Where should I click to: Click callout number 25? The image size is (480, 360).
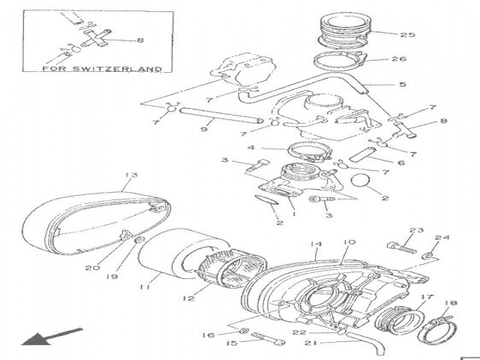click(x=407, y=34)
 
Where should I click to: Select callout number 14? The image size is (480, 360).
click(x=316, y=244)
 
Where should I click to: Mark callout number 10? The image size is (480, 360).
click(x=349, y=243)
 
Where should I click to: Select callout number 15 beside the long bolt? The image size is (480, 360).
click(x=231, y=343)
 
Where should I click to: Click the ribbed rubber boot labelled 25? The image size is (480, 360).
click(x=346, y=30)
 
